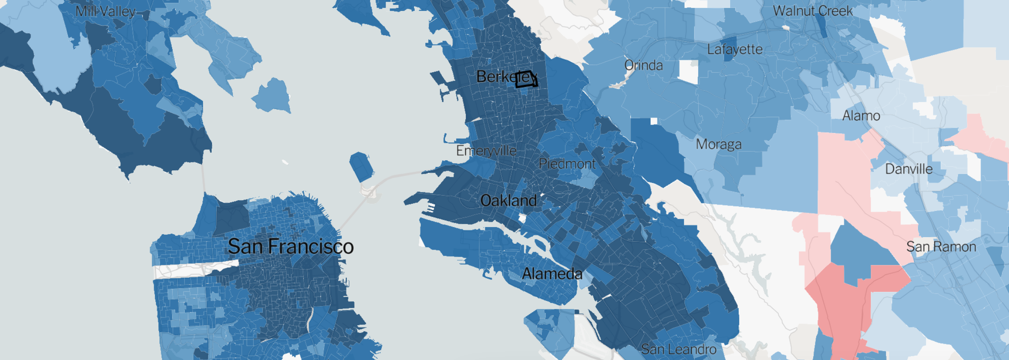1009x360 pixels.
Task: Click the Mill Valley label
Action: point(106,11)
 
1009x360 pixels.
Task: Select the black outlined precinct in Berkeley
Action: point(526,79)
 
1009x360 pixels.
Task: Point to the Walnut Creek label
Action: point(813,11)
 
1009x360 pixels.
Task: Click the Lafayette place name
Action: point(735,49)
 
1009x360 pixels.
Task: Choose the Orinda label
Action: point(643,66)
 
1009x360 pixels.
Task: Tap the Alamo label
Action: point(861,116)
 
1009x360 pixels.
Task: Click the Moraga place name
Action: point(718,144)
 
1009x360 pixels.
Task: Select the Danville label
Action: point(909,169)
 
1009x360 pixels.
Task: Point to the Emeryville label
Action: point(486,151)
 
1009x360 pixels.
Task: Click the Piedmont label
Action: point(567,164)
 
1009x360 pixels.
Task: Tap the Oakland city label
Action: point(508,201)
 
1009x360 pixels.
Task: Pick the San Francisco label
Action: point(291,246)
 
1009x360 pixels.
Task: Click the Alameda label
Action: point(552,274)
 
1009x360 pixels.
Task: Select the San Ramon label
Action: point(941,247)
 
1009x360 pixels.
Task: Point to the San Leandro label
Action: point(678,349)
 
